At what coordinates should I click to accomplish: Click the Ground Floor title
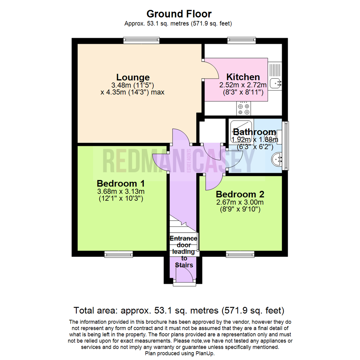(x=179, y=14)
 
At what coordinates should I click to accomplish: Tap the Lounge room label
(x=133, y=77)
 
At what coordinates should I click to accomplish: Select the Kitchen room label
(x=243, y=76)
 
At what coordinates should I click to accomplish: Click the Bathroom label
(x=254, y=131)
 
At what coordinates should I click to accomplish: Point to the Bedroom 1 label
(x=121, y=183)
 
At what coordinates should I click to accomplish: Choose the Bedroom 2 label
(x=240, y=194)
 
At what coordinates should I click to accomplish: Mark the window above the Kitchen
(x=242, y=41)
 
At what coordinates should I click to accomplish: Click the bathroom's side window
(x=286, y=146)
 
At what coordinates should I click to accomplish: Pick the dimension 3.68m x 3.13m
(x=121, y=191)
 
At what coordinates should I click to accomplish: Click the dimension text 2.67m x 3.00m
(x=240, y=202)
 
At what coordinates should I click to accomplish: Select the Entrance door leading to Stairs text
(x=184, y=252)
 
